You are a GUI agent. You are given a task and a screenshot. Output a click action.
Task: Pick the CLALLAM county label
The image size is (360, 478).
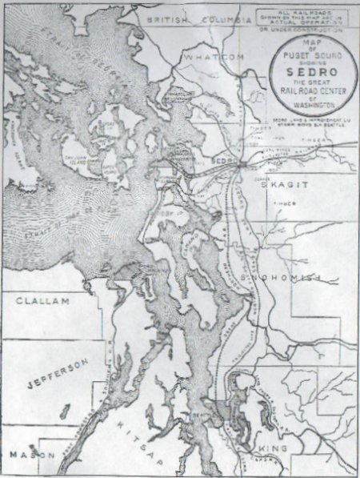pos(41,302)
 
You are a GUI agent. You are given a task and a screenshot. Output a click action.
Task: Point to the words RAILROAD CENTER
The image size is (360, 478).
pos(308,90)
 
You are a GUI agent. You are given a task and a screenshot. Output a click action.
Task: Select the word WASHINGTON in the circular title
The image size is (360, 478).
pos(308,104)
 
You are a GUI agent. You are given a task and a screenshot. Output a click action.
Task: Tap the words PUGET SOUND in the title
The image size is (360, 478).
pos(308,50)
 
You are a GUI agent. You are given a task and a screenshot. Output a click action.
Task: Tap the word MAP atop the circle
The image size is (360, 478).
pos(308,39)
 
